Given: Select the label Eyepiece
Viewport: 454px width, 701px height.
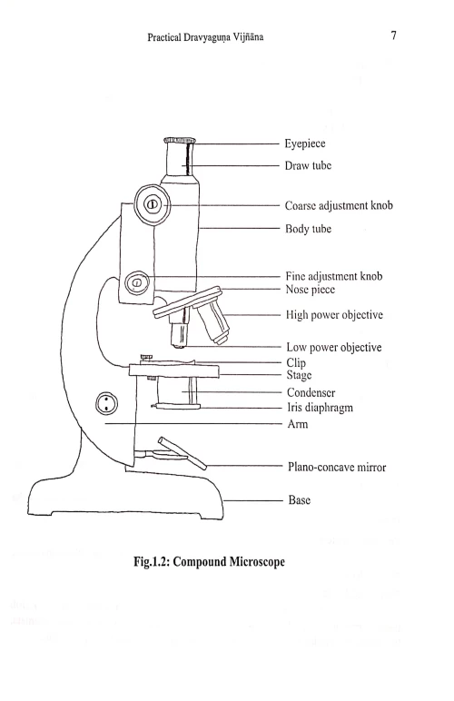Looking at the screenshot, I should click(310, 143).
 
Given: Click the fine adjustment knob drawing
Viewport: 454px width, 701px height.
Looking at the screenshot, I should click(137, 283).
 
